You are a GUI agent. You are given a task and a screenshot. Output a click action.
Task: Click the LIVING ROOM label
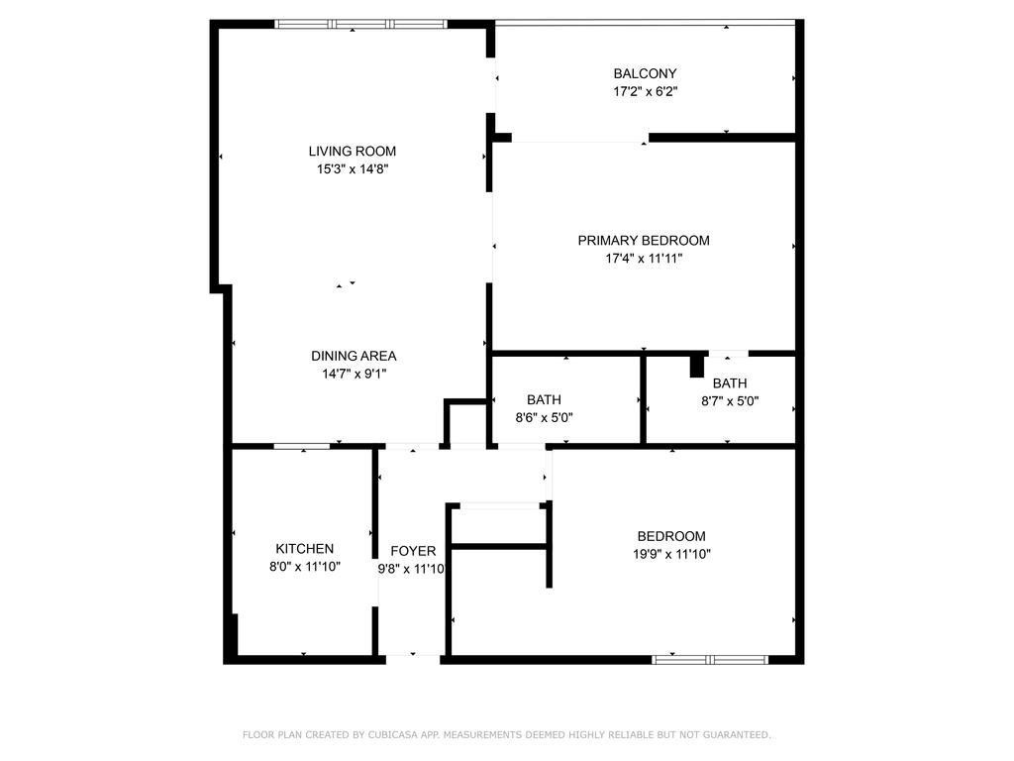(x=352, y=152)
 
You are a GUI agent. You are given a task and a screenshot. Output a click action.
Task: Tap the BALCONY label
(x=645, y=73)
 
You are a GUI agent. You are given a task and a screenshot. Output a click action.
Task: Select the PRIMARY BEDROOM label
(x=644, y=241)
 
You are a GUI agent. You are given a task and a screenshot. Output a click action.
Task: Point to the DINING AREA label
(x=354, y=356)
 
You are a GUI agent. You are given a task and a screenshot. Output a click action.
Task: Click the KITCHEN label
(x=305, y=549)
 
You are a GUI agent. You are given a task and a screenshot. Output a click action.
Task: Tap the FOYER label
(x=413, y=551)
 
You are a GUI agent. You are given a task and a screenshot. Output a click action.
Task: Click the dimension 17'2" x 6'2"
(x=646, y=92)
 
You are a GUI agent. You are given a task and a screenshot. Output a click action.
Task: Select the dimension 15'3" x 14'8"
(x=353, y=169)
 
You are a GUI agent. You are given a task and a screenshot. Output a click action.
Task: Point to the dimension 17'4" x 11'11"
(x=644, y=259)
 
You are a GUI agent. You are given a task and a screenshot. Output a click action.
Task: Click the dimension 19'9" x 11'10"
(x=672, y=554)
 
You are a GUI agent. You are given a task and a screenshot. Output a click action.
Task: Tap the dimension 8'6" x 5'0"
(x=544, y=418)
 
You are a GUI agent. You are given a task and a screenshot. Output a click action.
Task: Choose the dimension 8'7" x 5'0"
(x=730, y=401)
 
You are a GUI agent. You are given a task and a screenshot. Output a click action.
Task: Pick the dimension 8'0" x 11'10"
(x=305, y=567)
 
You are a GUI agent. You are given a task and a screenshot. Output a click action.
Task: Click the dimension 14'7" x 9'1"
(x=355, y=374)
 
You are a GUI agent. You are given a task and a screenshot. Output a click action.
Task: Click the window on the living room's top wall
(x=360, y=25)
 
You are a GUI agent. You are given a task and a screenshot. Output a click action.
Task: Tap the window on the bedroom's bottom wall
(x=710, y=660)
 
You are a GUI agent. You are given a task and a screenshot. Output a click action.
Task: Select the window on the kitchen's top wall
(x=302, y=447)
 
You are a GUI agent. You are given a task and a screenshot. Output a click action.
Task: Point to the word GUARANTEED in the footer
(x=737, y=735)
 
